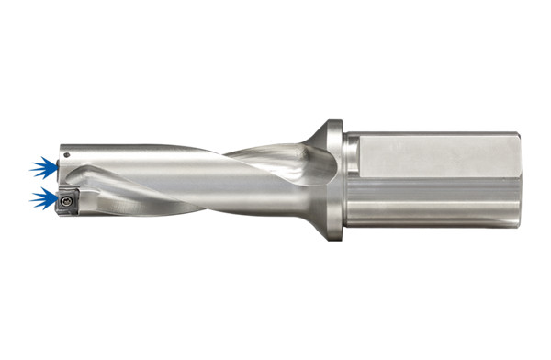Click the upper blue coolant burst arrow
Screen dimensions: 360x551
(x=42, y=167)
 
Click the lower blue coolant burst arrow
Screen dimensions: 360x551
(x=42, y=197)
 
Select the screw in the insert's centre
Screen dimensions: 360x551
(x=67, y=198)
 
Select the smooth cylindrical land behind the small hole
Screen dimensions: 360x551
(x=138, y=152)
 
